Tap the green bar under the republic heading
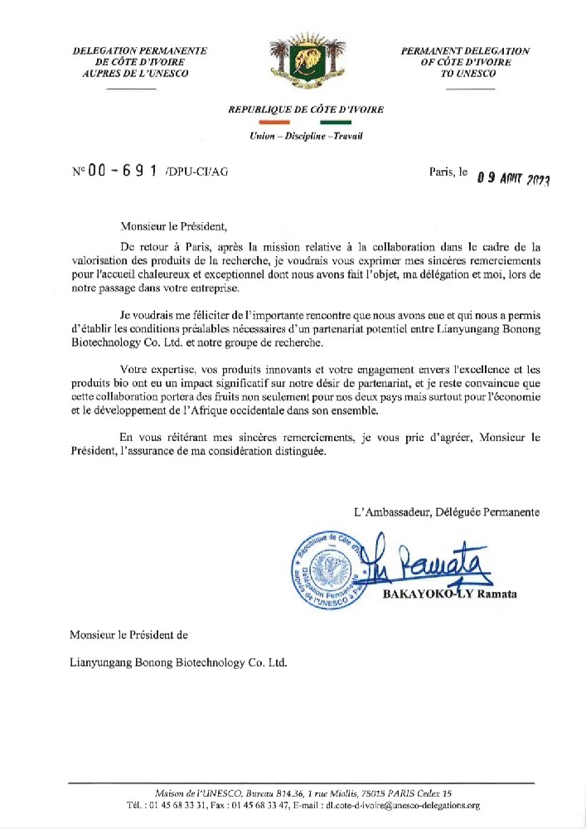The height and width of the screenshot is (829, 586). tap(334, 122)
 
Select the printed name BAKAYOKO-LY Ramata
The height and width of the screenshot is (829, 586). tap(449, 594)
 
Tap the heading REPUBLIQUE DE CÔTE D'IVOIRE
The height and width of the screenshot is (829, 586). tap(306, 109)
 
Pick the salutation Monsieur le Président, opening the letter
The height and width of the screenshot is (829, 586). tap(172, 225)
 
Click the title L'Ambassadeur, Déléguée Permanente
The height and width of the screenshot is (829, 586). tap(445, 512)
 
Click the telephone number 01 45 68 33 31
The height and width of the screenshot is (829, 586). tap(185, 805)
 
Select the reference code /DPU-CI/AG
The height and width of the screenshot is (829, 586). tap(196, 173)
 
